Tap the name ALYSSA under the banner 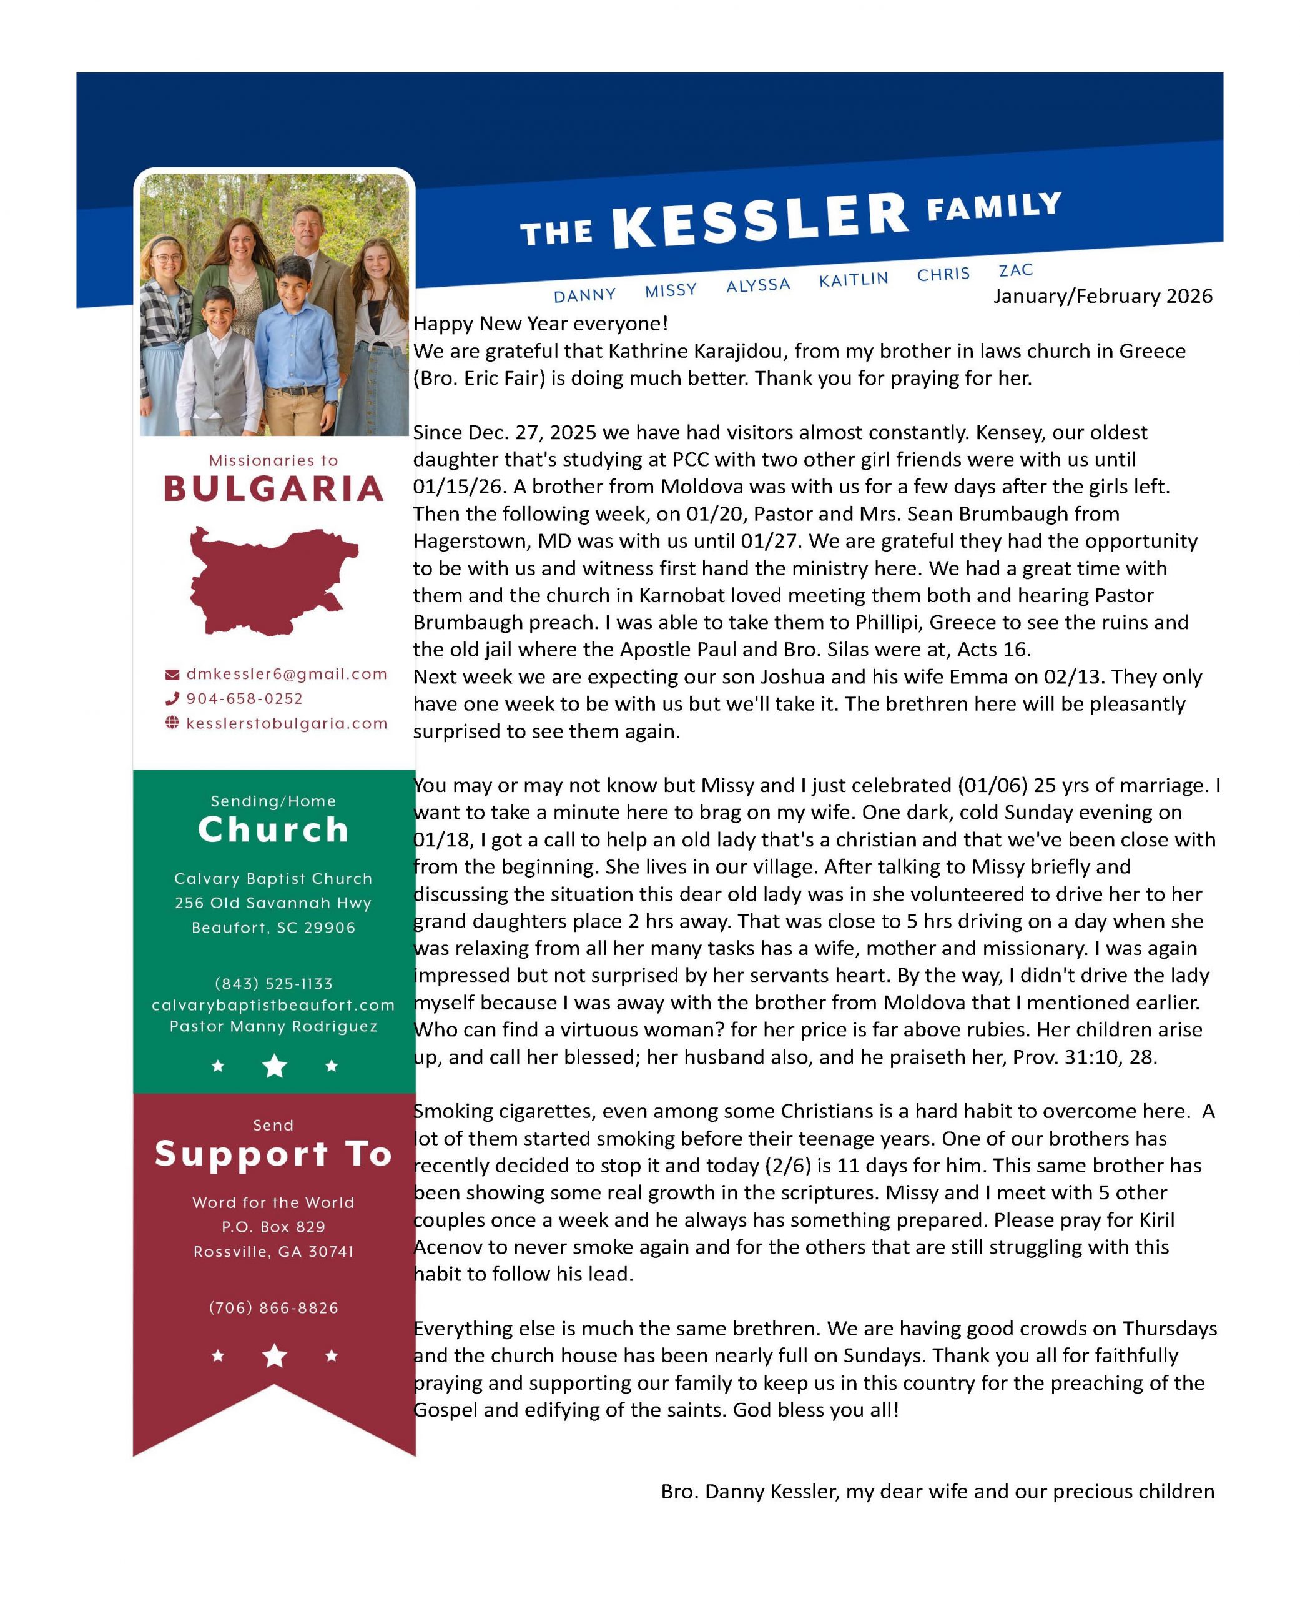coord(758,285)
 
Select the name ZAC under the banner coord(1015,270)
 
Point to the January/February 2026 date coord(1102,297)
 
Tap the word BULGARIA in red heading coord(273,489)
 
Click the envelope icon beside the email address coord(172,674)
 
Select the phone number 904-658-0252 coord(244,699)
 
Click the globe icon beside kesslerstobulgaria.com coord(172,723)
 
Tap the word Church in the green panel coord(273,830)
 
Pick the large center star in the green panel coord(275,1066)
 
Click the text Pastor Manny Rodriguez coord(273,1026)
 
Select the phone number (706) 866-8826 coord(273,1308)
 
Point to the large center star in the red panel coord(275,1355)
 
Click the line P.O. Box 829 coord(273,1227)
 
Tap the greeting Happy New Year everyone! coord(540,324)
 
